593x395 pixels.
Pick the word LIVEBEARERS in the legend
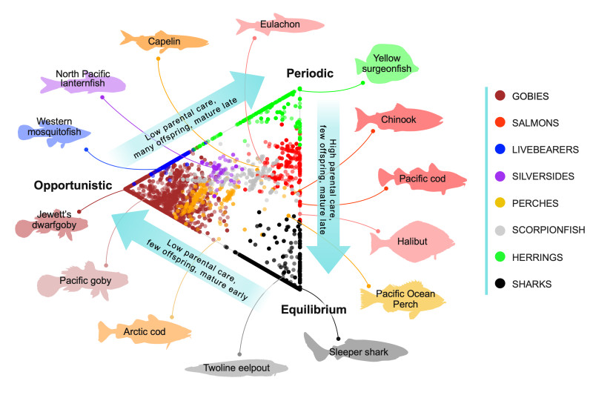(545, 150)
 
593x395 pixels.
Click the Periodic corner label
(311, 73)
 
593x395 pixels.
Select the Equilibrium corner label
(314, 309)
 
